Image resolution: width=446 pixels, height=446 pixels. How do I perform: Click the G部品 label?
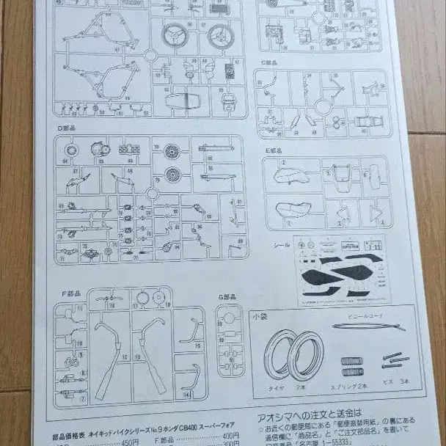point(229,297)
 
